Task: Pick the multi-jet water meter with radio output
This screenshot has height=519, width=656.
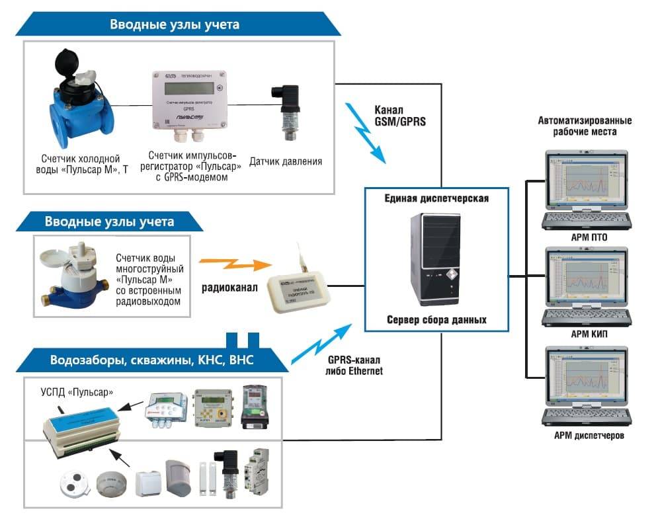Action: (69, 274)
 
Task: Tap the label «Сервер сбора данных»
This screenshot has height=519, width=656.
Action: (436, 320)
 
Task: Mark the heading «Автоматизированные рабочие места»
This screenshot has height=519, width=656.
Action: (585, 126)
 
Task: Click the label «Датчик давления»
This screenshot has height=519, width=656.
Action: (285, 161)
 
